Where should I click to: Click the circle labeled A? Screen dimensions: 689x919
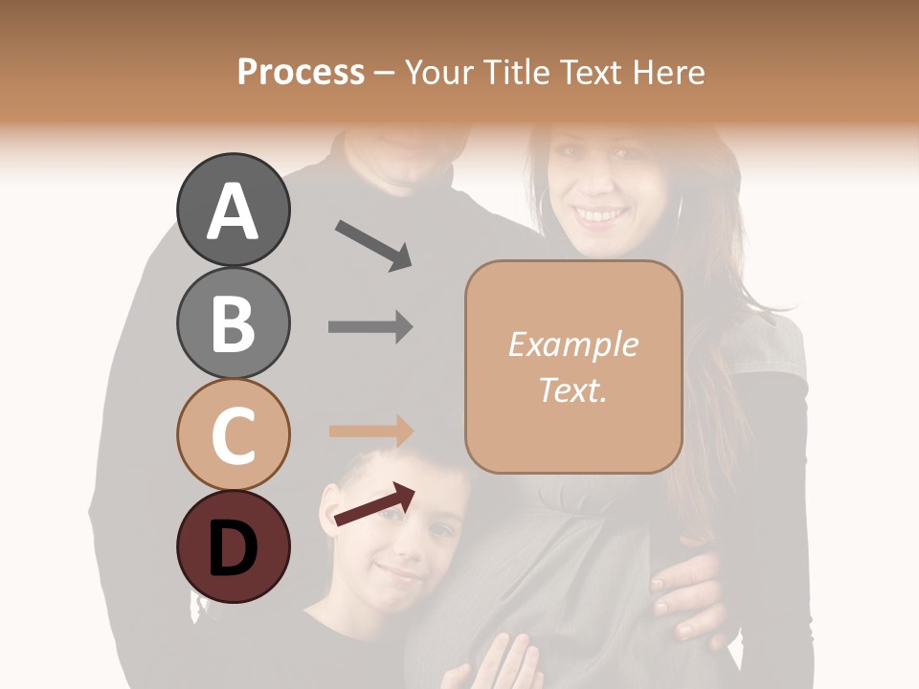pos(233,210)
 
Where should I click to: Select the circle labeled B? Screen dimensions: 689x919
pos(233,322)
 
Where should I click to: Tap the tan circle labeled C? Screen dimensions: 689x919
pos(233,434)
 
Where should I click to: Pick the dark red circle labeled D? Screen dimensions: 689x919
pos(233,546)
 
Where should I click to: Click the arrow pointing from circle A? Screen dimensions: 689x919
pos(373,245)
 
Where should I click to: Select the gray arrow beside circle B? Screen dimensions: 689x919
pos(370,327)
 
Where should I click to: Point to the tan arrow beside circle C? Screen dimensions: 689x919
pos(370,432)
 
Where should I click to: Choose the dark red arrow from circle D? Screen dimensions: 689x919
pos(374,504)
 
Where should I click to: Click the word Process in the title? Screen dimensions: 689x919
pos(301,72)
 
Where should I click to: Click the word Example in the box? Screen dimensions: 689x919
pos(572,344)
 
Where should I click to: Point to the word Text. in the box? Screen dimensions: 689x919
pos(572,389)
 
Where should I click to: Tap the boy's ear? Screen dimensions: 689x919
pos(329,508)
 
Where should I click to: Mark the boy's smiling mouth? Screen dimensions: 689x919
pos(398,575)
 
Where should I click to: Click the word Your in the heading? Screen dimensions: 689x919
pos(439,72)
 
